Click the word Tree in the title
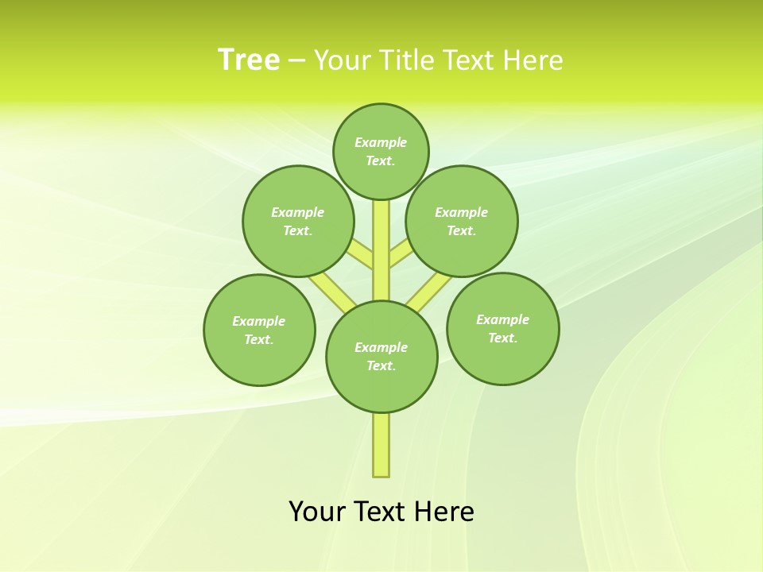[249, 60]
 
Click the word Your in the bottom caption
[316, 512]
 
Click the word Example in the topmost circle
[381, 142]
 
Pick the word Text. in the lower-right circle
[502, 338]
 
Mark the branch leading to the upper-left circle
[359, 253]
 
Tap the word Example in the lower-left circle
[258, 321]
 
